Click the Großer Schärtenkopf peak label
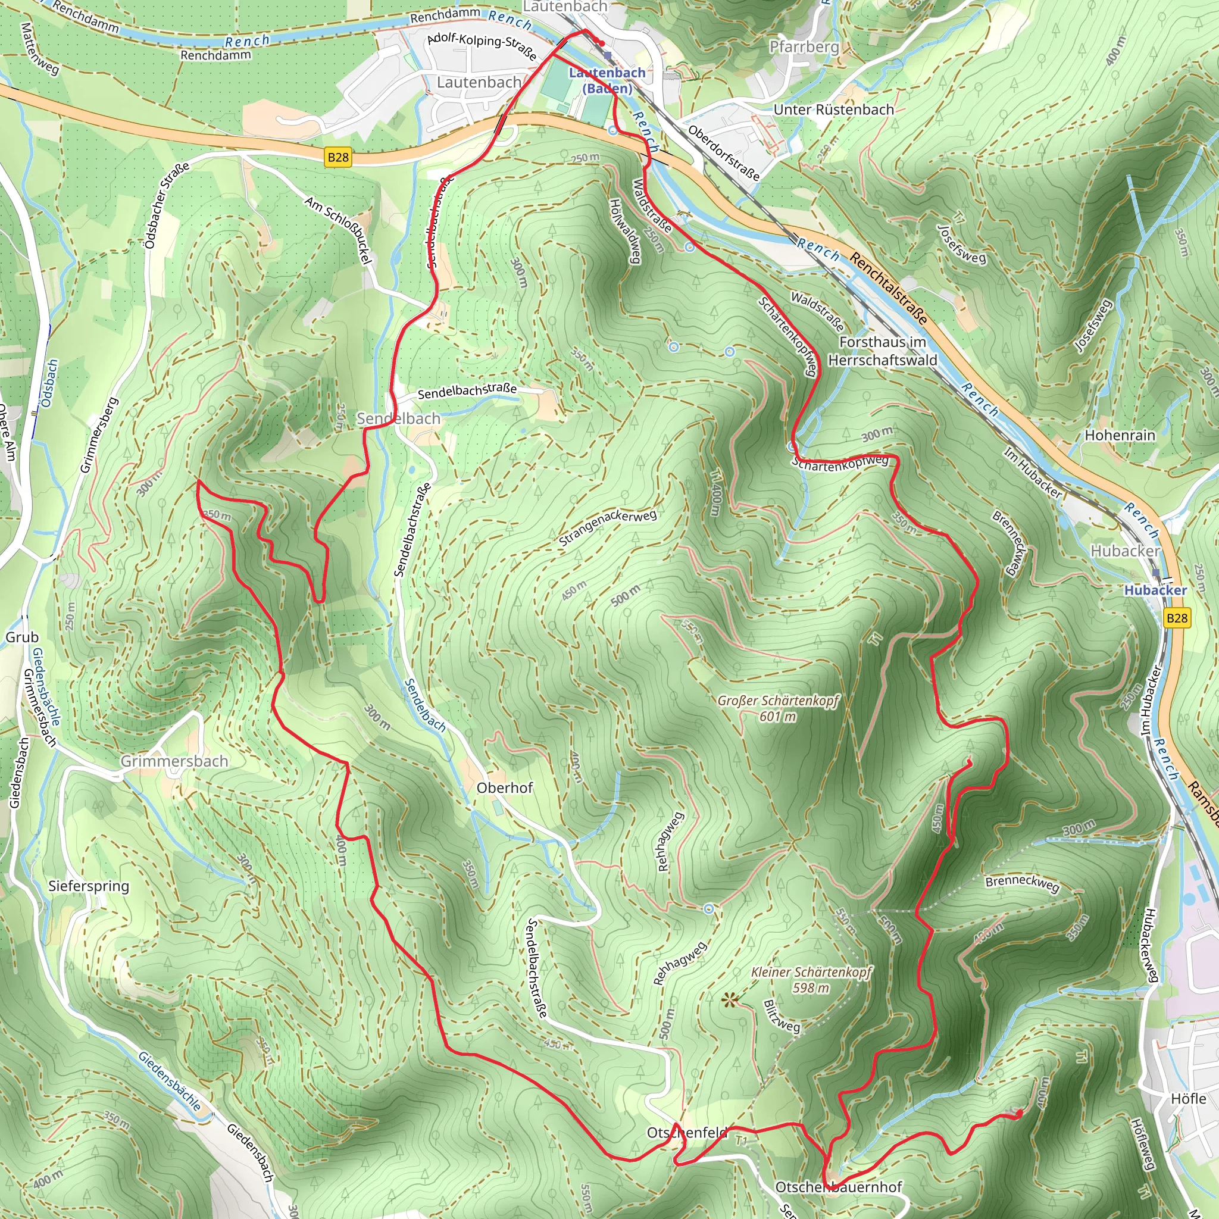[x=778, y=708]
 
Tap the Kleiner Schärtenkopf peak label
[x=811, y=979]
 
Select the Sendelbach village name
[x=398, y=418]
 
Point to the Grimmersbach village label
[x=174, y=761]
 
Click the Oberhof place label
[x=504, y=787]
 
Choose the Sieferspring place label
[x=88, y=886]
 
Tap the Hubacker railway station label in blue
[x=1155, y=590]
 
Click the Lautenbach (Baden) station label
[x=607, y=80]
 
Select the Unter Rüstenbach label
[x=833, y=109]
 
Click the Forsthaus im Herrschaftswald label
[x=882, y=351]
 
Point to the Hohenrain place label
[x=1120, y=435]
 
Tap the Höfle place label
[x=1189, y=1099]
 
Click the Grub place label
[x=22, y=637]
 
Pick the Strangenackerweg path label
[x=608, y=527]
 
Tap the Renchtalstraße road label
[x=889, y=288]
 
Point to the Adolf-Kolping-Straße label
[x=482, y=46]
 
